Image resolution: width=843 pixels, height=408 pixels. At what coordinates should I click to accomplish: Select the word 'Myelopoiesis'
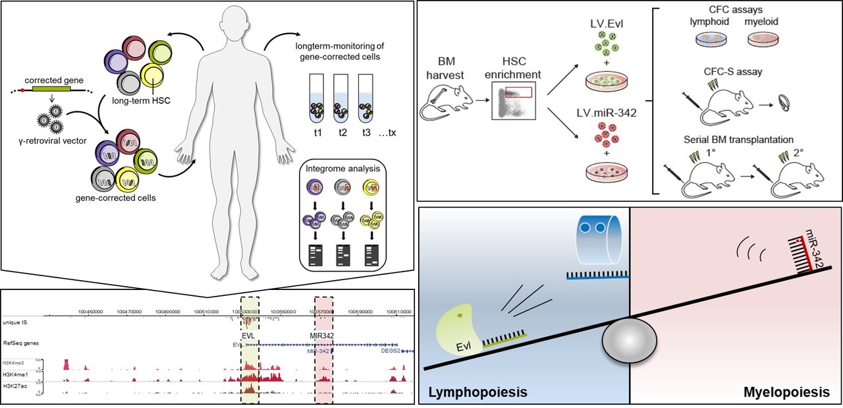pyautogui.click(x=786, y=392)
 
